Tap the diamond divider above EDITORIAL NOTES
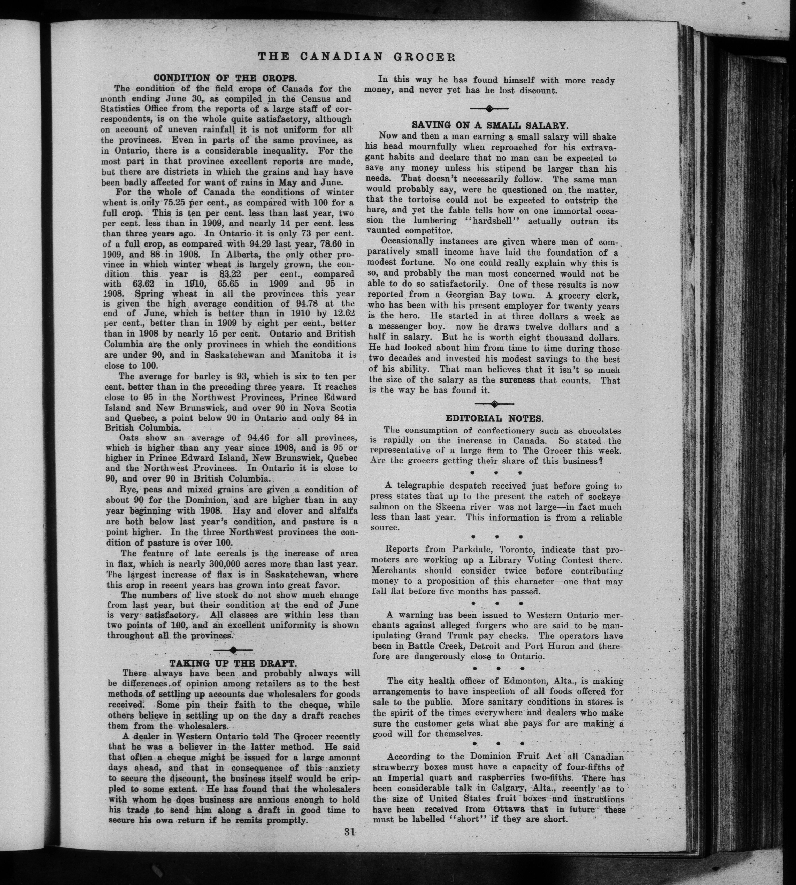[494, 403]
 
